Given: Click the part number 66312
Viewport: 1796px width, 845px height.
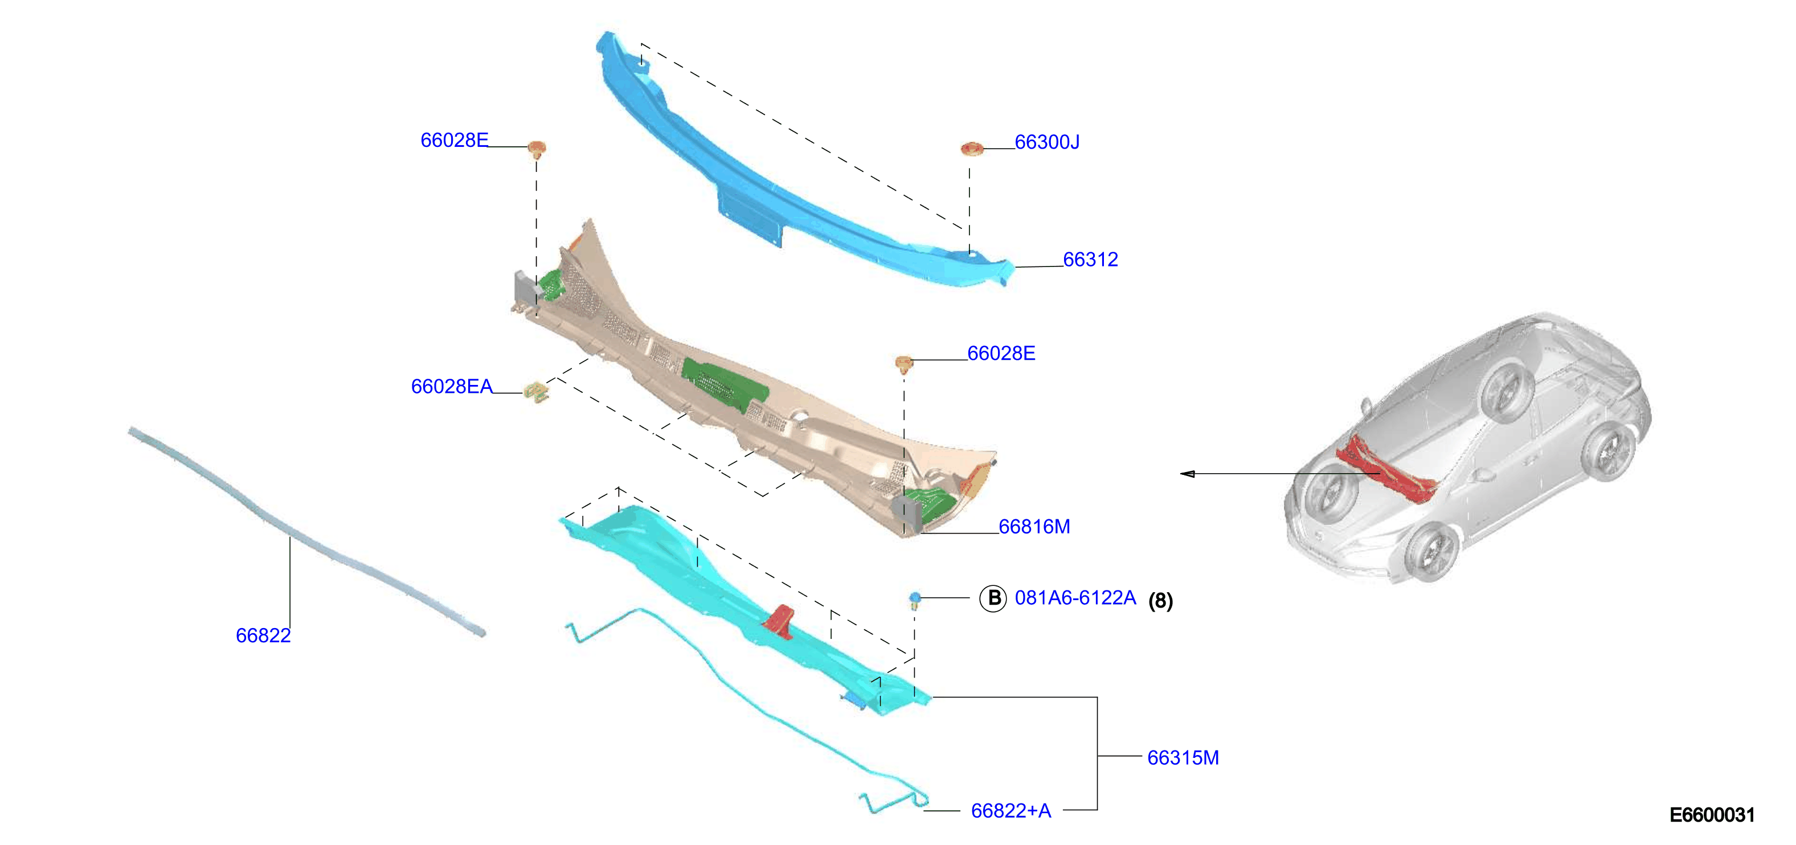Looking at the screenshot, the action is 1090,259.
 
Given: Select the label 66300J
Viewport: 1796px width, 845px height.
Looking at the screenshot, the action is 1046,142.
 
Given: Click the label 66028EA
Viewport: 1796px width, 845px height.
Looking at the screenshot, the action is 452,386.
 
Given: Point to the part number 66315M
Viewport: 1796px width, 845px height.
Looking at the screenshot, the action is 1183,757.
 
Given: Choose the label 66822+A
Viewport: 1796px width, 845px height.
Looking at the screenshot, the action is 1011,811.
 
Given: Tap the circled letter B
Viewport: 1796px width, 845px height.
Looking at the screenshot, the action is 993,598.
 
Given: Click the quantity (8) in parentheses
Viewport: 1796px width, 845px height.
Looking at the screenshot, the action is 1161,600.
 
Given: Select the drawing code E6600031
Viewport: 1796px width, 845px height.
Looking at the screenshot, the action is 1712,814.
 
